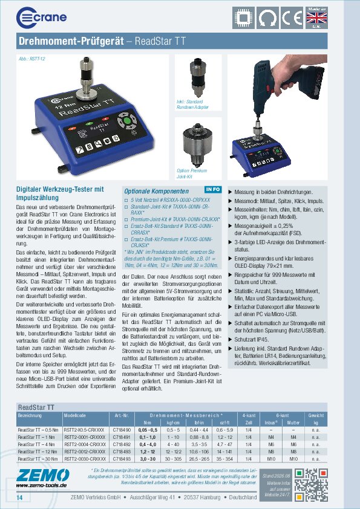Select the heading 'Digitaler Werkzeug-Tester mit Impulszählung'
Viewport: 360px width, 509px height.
click(x=60, y=193)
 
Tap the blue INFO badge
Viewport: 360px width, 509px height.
click(x=213, y=189)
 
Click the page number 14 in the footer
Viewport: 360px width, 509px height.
click(x=20, y=497)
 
